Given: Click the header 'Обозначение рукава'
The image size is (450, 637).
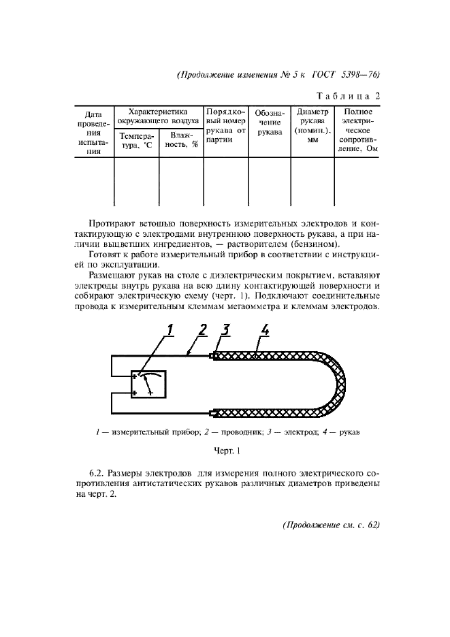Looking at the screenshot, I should pyautogui.click(x=269, y=122).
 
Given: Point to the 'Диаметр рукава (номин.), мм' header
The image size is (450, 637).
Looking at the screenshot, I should pyautogui.click(x=312, y=126).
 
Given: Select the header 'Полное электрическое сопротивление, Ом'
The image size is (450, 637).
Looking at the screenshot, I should pyautogui.click(x=357, y=131).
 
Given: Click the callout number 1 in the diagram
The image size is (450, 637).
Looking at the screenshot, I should pyautogui.click(x=171, y=331).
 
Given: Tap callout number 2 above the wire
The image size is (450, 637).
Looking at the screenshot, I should pyautogui.click(x=202, y=331).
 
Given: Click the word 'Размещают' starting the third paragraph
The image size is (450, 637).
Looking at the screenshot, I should pyautogui.click(x=112, y=276).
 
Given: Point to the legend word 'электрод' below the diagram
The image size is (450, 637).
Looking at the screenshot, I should pyautogui.click(x=291, y=431).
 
